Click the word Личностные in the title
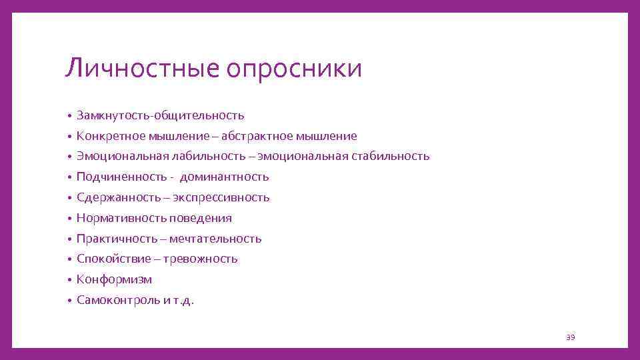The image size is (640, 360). coord(142,69)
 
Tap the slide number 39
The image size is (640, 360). coord(570,337)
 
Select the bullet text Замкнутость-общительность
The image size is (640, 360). coord(160,116)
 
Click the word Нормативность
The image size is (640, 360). coord(121,218)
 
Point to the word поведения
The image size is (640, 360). coord(201,218)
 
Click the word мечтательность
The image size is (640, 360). coord(215,239)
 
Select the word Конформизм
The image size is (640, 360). coord(114,279)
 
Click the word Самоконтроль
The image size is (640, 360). coord(118,300)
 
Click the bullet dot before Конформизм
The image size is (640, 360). coord(69,280)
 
